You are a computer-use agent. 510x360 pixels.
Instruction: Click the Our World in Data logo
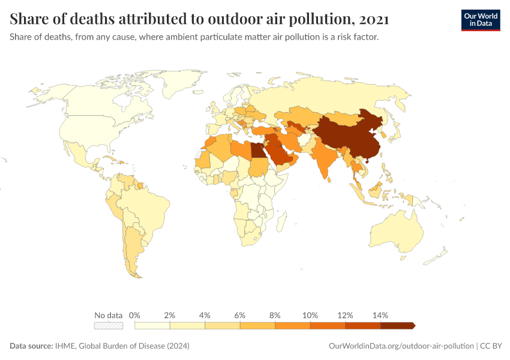click(x=480, y=20)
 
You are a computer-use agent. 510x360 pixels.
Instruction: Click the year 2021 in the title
click(x=375, y=20)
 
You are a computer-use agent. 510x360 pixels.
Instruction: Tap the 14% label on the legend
click(x=380, y=315)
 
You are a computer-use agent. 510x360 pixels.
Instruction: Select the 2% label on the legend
click(x=170, y=315)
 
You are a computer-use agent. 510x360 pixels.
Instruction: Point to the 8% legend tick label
click(x=275, y=315)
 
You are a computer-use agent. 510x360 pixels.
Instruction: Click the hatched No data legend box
click(x=109, y=326)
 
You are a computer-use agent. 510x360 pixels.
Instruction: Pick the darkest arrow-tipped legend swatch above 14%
click(x=397, y=326)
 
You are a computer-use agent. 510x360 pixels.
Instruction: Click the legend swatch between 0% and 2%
click(x=152, y=326)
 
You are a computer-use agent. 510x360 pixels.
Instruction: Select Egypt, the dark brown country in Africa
click(x=258, y=149)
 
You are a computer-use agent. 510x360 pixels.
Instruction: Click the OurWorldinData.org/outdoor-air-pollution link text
click(x=401, y=346)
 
